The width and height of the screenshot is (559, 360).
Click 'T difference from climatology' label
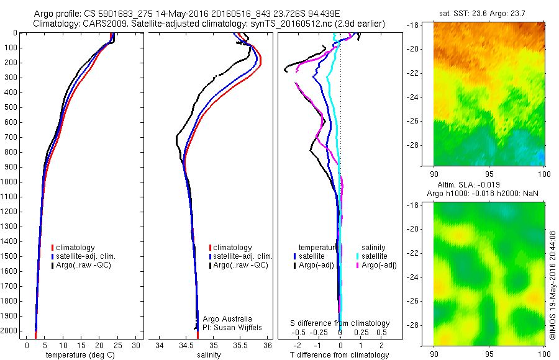(340, 355)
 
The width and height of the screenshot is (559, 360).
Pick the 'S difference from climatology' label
(340, 323)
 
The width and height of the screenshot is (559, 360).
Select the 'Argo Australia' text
(227, 318)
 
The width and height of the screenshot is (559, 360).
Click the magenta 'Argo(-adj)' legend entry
(378, 265)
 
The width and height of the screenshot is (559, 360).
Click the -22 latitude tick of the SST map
(418, 73)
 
